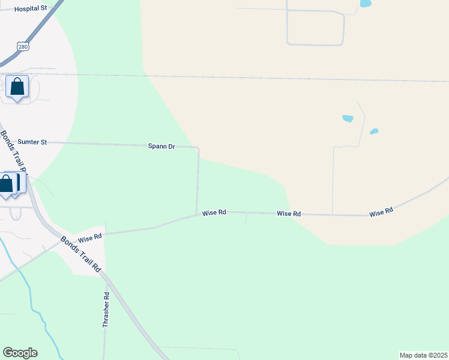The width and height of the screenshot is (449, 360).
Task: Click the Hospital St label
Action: (30, 9)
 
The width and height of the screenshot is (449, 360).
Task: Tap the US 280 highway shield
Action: (22, 47)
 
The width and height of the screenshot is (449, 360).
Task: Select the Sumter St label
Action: (32, 142)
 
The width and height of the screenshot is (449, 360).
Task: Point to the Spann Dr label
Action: (161, 146)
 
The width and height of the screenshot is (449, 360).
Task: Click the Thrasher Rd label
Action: (106, 310)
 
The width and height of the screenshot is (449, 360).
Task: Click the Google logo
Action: (20, 353)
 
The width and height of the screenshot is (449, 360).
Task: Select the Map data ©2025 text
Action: (423, 355)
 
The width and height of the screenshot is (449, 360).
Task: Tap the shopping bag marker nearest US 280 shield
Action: (17, 88)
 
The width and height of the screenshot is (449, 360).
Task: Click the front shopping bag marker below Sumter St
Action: (6, 185)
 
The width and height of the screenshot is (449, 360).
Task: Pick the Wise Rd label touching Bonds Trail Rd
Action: (90, 239)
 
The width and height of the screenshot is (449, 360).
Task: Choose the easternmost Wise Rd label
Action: (381, 212)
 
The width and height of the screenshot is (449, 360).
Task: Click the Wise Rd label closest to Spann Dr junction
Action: (214, 212)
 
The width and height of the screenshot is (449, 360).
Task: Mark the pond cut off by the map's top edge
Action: (365, 4)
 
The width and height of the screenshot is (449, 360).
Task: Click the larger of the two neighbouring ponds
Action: (348, 118)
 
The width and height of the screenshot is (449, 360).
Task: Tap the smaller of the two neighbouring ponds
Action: (374, 131)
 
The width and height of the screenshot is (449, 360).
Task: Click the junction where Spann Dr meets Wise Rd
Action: (197, 212)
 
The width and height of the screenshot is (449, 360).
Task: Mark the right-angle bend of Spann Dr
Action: (197, 147)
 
